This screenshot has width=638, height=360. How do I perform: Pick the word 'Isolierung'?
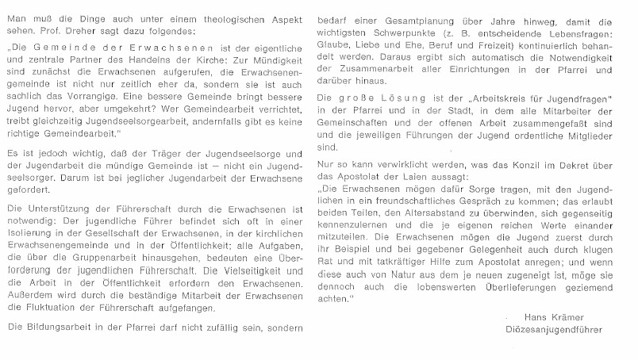point(31,236)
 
